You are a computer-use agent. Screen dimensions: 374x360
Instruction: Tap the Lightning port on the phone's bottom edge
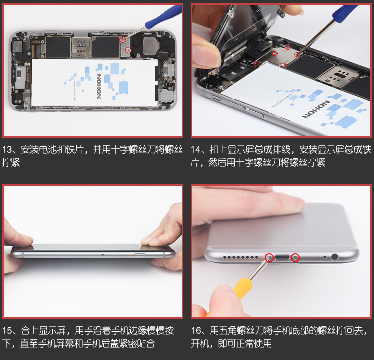click(282, 258)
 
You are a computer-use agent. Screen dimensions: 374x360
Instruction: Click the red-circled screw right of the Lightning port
click(296, 258)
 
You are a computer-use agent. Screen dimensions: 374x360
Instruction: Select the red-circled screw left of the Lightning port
click(269, 258)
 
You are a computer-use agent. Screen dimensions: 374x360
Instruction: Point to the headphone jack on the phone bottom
click(335, 257)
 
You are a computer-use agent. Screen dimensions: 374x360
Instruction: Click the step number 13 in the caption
click(7, 150)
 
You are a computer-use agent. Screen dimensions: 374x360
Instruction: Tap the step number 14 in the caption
click(196, 150)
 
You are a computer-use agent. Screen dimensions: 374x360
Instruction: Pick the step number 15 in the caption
click(7, 331)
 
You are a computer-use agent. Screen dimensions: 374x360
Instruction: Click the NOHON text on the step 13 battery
click(99, 86)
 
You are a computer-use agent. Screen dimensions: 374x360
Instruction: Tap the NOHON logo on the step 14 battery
click(316, 109)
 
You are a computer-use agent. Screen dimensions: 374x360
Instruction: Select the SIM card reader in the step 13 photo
click(81, 47)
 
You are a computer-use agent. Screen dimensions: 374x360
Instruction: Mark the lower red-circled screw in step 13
click(128, 50)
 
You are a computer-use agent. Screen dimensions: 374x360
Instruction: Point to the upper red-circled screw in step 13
click(122, 39)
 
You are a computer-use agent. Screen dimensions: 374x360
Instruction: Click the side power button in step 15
click(140, 255)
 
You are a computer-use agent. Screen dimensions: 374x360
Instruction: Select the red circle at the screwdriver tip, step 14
click(297, 55)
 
